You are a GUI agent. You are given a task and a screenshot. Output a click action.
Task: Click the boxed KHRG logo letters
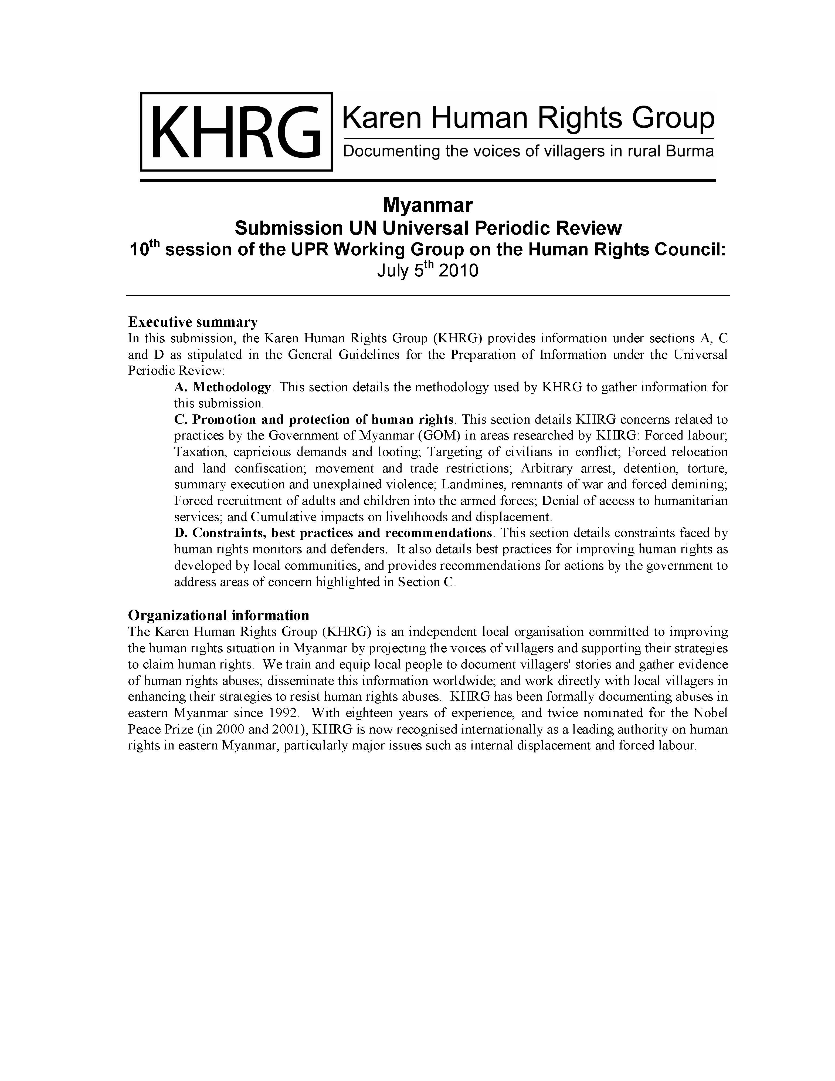(x=236, y=132)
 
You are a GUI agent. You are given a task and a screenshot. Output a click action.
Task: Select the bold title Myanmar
(x=428, y=204)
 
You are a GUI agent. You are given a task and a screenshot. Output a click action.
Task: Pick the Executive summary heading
(x=193, y=322)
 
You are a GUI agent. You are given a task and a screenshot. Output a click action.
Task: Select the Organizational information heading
(x=219, y=615)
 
